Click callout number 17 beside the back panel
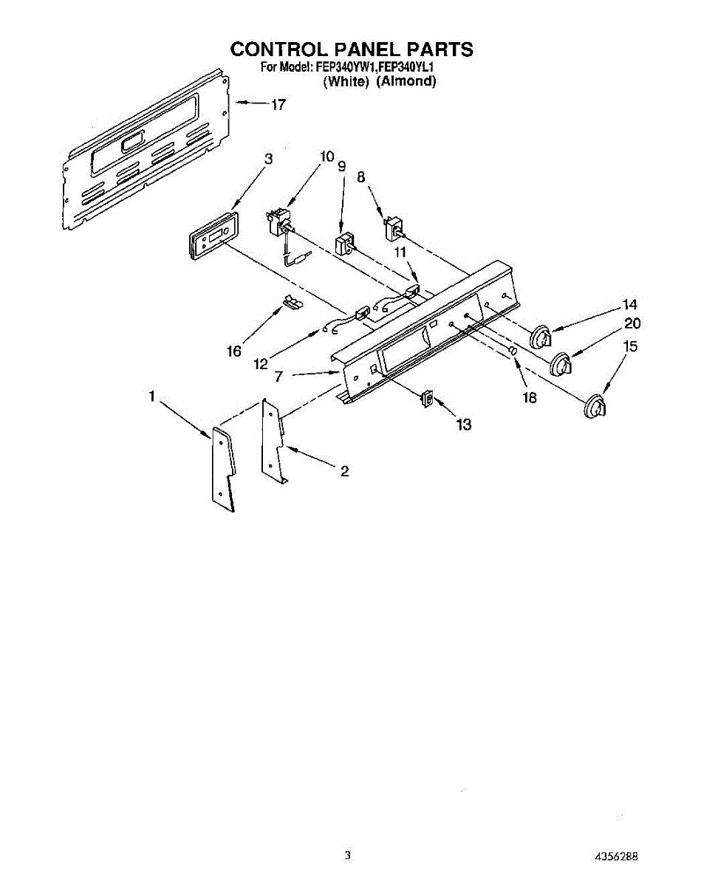(278, 105)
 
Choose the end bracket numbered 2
(272, 443)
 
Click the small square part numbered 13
(427, 399)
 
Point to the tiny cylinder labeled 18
(511, 351)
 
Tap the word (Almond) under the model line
(406, 82)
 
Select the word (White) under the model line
(346, 82)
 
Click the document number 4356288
(616, 856)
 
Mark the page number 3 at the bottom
(347, 855)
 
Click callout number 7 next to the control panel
(278, 376)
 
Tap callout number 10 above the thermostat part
(326, 157)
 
